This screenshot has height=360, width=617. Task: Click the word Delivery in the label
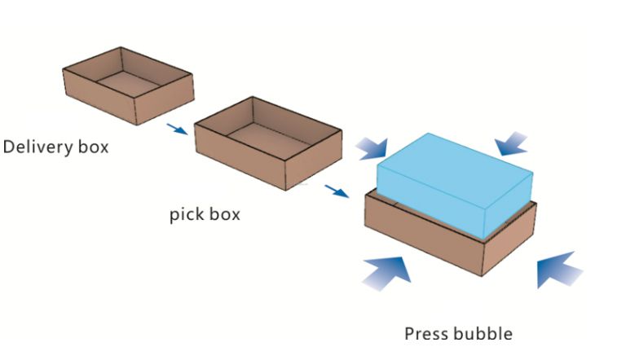pos(38,147)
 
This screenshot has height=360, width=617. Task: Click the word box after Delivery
pos(93,147)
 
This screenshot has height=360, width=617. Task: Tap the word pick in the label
pos(186,214)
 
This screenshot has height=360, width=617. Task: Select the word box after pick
pos(224,214)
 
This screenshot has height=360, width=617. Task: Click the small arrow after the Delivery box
pos(177,129)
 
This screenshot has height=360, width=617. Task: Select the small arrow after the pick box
pos(337,191)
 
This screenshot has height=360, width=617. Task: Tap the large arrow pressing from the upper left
pos(372,149)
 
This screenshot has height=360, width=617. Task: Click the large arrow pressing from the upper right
pos(511,144)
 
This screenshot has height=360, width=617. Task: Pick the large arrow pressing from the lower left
pos(386,273)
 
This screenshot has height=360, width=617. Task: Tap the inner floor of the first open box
pos(129,84)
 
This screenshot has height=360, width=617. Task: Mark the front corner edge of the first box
pos(135,112)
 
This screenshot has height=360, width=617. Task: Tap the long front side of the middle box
pos(240,156)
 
